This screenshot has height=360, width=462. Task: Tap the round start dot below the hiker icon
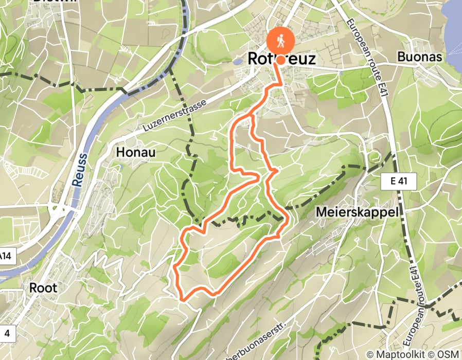pyautogui.click(x=281, y=60)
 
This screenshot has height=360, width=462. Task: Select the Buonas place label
pyautogui.click(x=420, y=57)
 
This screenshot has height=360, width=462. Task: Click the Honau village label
pyautogui.click(x=136, y=152)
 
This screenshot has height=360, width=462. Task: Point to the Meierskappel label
pyautogui.click(x=358, y=212)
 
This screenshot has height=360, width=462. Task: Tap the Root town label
pyautogui.click(x=43, y=287)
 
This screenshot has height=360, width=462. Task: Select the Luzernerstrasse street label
pyautogui.click(x=175, y=117)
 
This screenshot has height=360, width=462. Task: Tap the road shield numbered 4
pyautogui.click(x=6, y=333)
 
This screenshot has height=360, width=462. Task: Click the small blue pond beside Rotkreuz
pyautogui.click(x=237, y=61)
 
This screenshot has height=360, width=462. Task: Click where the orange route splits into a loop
pyautogui.click(x=252, y=115)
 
